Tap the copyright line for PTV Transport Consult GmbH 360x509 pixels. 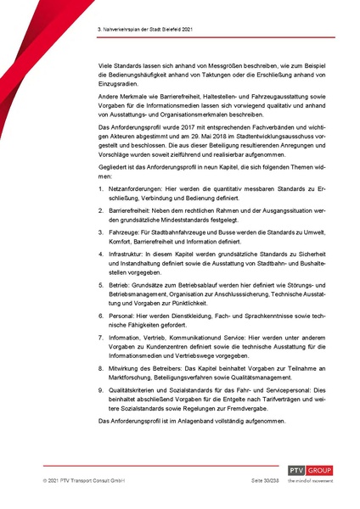(83, 480)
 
